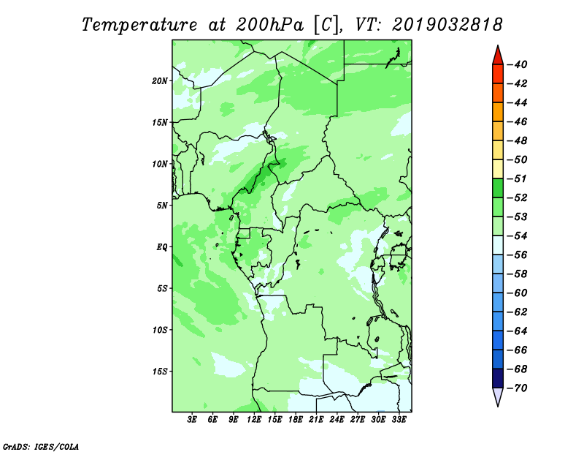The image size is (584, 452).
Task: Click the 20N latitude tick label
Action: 160,81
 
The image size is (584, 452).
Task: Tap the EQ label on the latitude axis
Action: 161,247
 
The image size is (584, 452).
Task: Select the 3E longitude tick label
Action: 192,420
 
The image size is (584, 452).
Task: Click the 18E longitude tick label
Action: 296,420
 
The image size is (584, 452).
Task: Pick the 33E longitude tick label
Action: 399,420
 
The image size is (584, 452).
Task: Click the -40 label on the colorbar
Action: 517,64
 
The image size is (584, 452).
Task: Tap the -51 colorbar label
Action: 517,178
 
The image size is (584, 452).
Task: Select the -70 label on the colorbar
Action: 517,388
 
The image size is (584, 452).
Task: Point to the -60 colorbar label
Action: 517,293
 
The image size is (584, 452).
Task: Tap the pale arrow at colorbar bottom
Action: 498,396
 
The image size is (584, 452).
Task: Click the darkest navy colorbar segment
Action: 498,378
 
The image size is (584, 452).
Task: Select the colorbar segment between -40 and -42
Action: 498,74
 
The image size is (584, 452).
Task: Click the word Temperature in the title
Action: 139,25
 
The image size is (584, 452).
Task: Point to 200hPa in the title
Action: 270,25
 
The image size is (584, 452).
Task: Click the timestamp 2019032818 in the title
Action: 447,25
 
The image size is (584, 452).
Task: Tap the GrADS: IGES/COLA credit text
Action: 41,447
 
